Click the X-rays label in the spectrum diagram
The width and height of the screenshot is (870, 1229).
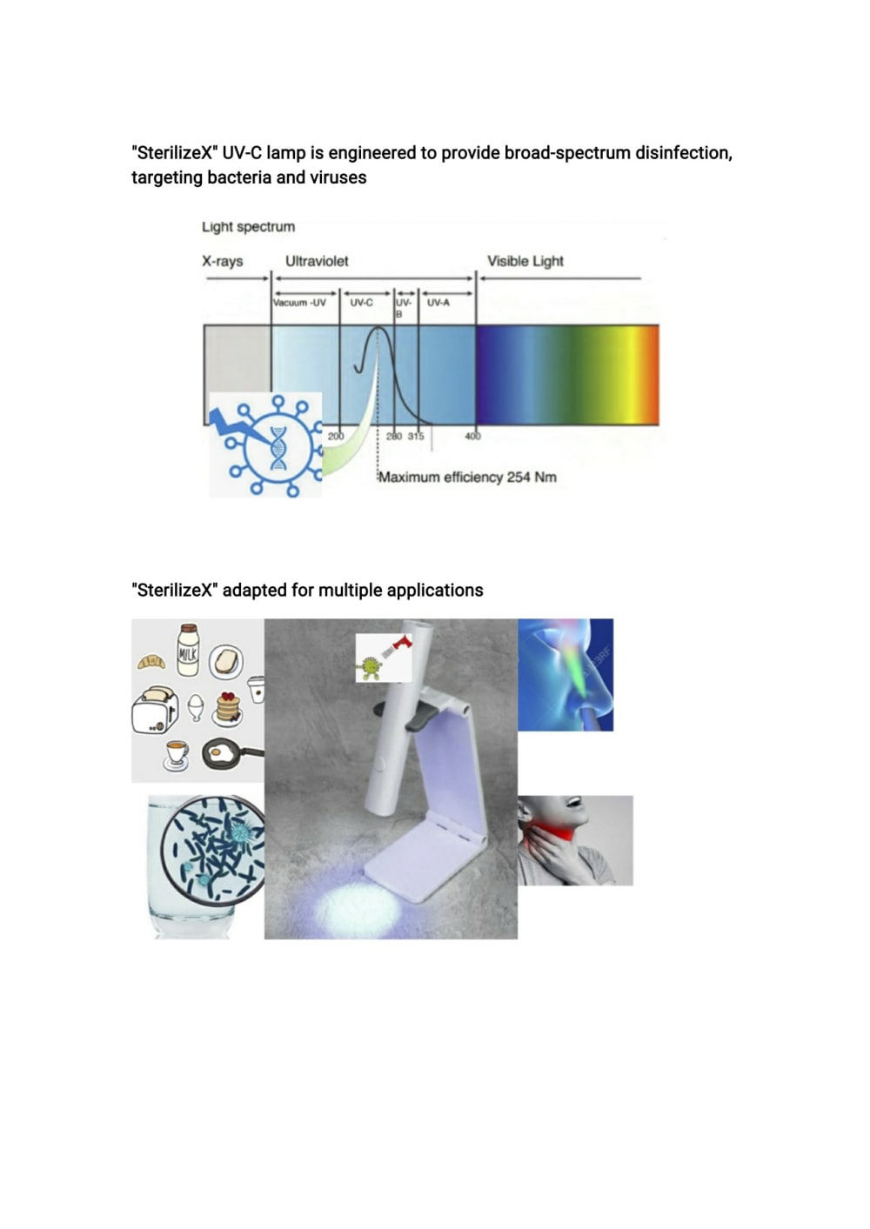(x=223, y=261)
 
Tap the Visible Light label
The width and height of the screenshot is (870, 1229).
(x=525, y=261)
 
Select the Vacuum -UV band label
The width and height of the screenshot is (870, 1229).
(x=299, y=303)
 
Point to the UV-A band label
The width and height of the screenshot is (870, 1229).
(x=438, y=303)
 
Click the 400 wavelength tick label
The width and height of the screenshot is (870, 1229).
(x=472, y=436)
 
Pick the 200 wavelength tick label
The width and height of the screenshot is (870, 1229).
(x=335, y=436)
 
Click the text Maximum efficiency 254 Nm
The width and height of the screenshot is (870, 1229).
(x=468, y=477)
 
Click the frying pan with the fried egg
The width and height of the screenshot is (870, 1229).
(x=231, y=754)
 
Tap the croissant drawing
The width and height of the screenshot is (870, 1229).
(x=151, y=662)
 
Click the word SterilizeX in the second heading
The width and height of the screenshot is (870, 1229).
(x=175, y=591)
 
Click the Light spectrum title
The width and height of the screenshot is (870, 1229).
(x=248, y=227)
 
